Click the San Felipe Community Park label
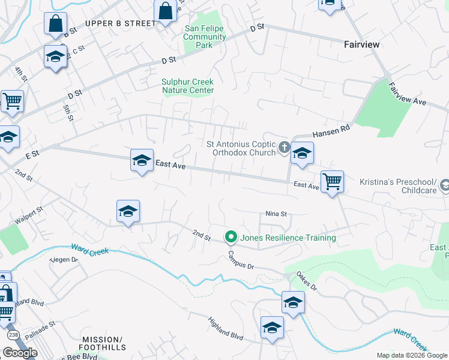click(205, 37)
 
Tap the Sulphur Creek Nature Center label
click(188, 86)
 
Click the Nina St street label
click(277, 214)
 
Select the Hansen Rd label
click(330, 130)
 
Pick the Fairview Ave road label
click(407, 95)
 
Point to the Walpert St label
click(29, 216)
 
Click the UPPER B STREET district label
click(120, 23)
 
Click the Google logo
click(20, 353)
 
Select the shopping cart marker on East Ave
click(332, 181)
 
